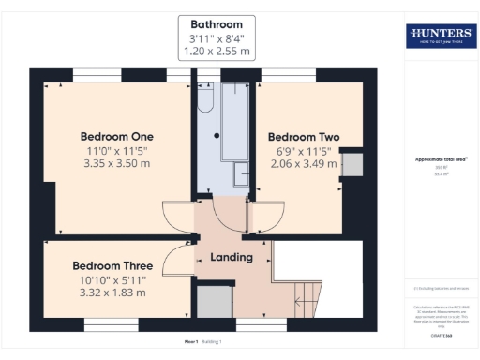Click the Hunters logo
(x=440, y=36)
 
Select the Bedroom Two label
(x=303, y=136)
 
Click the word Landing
(x=230, y=257)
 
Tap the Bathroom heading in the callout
(x=217, y=24)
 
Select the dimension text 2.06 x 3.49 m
(x=303, y=165)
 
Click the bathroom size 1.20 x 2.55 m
(x=217, y=52)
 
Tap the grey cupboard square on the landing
(x=214, y=302)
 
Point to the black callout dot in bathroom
(x=217, y=135)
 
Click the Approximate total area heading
(x=440, y=159)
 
